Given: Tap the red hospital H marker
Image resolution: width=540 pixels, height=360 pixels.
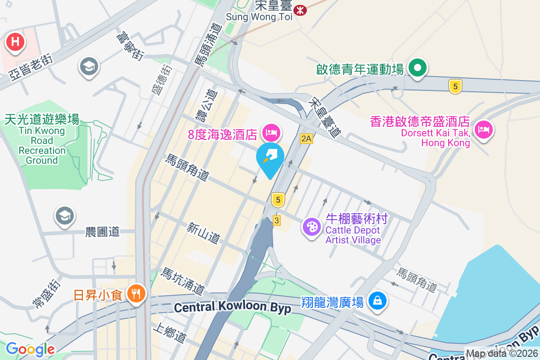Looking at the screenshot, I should (15, 42).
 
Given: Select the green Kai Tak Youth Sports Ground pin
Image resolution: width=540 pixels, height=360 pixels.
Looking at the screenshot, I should (418, 68).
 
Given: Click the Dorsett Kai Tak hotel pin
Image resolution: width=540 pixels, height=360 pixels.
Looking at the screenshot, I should (483, 130).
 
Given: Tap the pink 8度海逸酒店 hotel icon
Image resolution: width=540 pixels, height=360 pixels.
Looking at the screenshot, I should (271, 132).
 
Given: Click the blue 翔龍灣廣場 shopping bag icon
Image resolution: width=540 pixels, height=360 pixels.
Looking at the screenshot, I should (377, 300).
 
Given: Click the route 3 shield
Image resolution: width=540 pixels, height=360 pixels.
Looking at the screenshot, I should (277, 220).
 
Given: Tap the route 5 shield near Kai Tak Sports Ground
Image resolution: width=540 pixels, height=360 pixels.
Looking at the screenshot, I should (455, 86).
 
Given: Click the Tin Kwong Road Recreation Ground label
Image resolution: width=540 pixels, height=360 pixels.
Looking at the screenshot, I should (42, 139).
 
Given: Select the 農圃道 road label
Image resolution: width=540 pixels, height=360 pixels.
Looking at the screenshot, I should (103, 232).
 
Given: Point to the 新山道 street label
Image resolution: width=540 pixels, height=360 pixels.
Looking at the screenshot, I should (203, 233).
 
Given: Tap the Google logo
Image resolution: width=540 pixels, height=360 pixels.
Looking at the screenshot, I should (30, 349).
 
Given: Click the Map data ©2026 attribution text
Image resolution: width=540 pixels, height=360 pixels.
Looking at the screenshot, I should (502, 354).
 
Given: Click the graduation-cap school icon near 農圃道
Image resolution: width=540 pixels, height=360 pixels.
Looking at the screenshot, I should (65, 216).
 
